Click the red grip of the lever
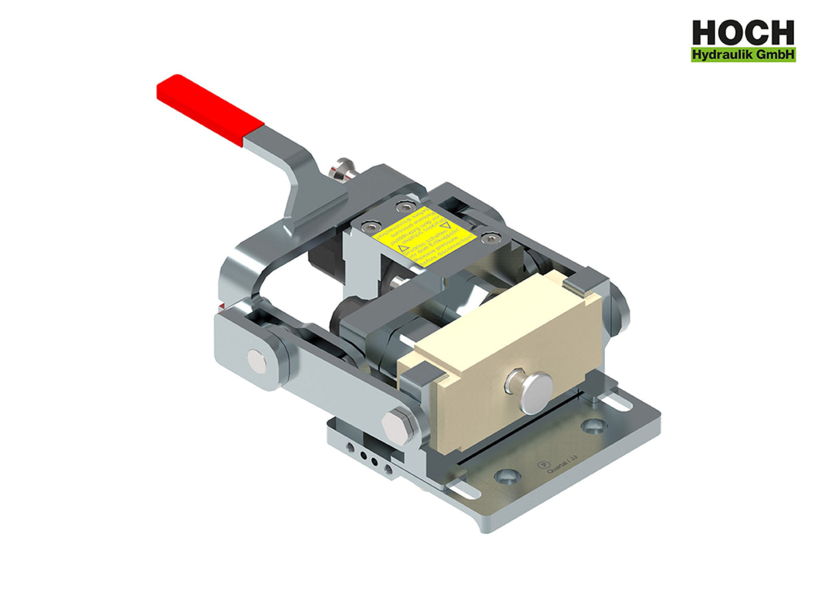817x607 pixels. click(x=209, y=110)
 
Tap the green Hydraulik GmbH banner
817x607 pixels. click(x=743, y=55)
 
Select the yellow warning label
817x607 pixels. click(x=427, y=237)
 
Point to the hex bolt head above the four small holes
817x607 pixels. click(x=396, y=424)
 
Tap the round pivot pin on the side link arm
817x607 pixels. click(x=258, y=360)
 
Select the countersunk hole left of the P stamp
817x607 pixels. click(x=507, y=476)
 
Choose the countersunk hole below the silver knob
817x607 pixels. click(x=593, y=426)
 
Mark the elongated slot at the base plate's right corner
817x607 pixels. click(x=621, y=402)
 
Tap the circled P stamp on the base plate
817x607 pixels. click(x=542, y=466)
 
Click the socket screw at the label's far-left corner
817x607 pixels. click(x=369, y=227)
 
